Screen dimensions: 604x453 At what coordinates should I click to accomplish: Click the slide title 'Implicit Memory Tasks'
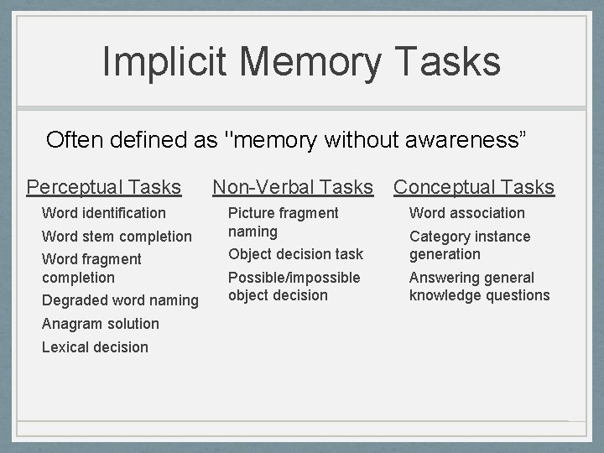301,62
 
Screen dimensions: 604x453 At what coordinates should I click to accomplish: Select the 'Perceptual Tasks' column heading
104,186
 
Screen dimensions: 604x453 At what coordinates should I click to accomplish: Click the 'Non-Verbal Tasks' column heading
293,186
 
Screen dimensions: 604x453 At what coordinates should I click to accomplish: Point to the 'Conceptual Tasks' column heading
474,186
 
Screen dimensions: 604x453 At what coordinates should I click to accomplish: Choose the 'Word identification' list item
104,213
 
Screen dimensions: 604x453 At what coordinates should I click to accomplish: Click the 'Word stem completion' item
117,237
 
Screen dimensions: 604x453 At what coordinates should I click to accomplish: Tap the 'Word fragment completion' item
91,268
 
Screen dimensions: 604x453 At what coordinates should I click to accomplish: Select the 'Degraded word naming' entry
120,300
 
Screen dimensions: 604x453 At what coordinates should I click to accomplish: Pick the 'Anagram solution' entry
100,324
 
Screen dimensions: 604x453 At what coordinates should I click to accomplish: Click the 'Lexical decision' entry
95,347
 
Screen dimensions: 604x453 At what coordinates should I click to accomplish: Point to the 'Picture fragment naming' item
283,222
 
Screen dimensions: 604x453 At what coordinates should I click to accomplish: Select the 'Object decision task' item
295,254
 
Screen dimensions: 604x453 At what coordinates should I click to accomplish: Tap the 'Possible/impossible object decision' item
294,286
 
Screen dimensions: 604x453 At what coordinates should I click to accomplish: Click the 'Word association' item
466,213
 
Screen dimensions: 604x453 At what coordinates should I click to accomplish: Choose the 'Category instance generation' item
470,245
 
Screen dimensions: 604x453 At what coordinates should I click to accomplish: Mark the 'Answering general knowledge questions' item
479,286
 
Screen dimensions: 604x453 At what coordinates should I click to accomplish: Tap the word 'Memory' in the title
310,62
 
